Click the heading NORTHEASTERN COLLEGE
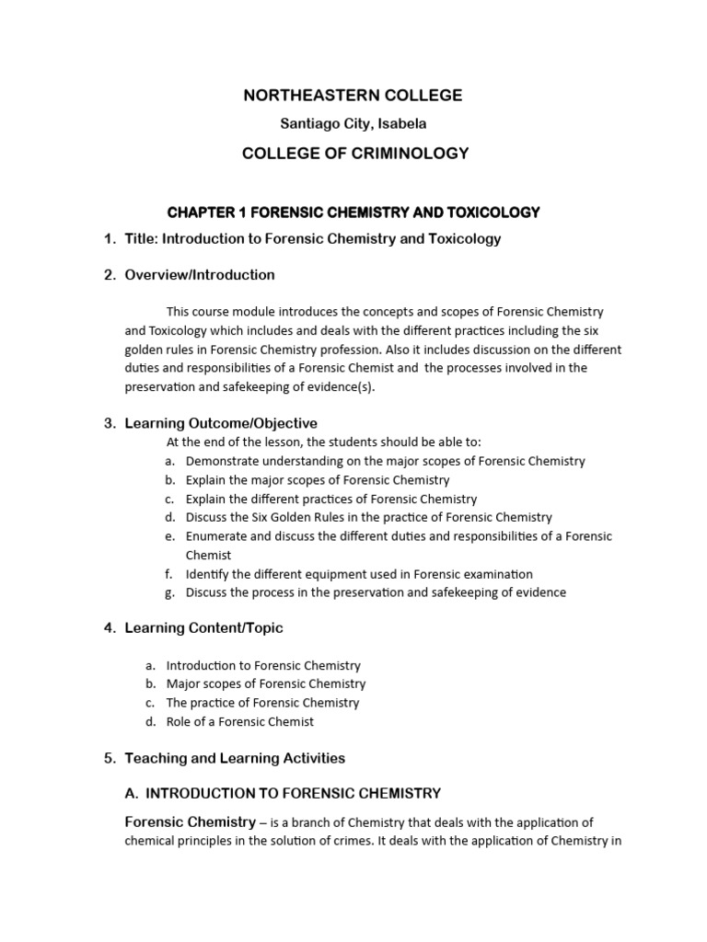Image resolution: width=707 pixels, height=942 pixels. coord(353,96)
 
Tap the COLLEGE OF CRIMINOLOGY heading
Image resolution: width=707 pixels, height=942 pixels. coord(354,154)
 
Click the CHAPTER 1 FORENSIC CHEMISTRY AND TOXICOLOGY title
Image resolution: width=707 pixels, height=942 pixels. coord(353,213)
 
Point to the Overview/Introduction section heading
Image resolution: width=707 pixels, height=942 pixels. coord(200,275)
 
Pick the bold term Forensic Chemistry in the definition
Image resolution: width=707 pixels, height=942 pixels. coord(190,821)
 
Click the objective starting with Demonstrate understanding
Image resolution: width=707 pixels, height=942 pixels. coord(385,461)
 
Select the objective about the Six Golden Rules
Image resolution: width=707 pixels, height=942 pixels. coord(368,517)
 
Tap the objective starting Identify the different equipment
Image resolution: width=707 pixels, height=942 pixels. coord(359,574)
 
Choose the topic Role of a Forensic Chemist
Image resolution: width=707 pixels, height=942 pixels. coord(240,721)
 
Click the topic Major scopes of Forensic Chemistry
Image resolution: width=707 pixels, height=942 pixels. coord(266,684)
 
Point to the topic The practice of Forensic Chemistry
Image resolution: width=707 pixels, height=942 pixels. coord(262,703)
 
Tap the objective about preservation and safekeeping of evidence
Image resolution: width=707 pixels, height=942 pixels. coord(376,592)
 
